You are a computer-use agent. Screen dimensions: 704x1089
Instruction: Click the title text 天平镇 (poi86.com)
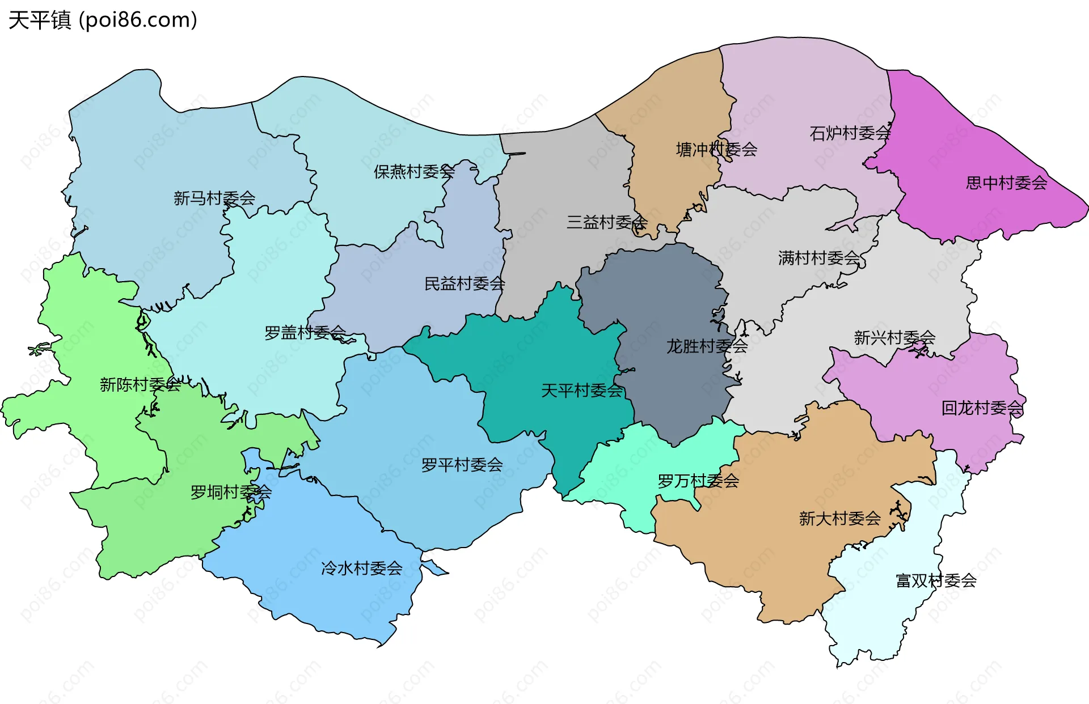[103, 20]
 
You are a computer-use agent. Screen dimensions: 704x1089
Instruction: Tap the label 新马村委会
[214, 198]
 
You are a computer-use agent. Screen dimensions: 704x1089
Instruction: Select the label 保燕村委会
[413, 171]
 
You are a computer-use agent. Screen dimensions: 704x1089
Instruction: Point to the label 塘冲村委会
[716, 150]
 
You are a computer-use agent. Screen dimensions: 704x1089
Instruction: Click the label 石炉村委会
[850, 133]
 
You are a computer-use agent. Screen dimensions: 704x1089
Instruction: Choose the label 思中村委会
[1006, 183]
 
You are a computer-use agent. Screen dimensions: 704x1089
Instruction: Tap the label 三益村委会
[606, 222]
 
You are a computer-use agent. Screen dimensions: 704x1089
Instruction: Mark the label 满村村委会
[818, 258]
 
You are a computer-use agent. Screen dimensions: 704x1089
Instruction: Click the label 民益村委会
[464, 283]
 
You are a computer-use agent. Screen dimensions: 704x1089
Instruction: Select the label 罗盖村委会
[305, 332]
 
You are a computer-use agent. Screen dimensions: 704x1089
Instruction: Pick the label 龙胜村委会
[706, 346]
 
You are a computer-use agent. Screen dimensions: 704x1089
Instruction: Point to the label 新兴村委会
[894, 338]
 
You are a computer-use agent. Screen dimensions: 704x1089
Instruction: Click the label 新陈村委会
[140, 385]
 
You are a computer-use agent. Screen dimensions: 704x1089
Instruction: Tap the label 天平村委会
[581, 391]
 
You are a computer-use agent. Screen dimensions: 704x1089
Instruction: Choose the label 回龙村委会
[982, 408]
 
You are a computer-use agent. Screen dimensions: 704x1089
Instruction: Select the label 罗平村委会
[462, 465]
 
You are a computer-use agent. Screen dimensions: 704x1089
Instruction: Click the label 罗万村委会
[698, 481]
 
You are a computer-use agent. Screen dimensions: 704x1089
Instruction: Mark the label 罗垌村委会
[230, 492]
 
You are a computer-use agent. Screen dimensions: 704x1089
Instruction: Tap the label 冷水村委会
[361, 568]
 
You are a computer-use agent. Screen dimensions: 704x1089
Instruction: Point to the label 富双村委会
[936, 580]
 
